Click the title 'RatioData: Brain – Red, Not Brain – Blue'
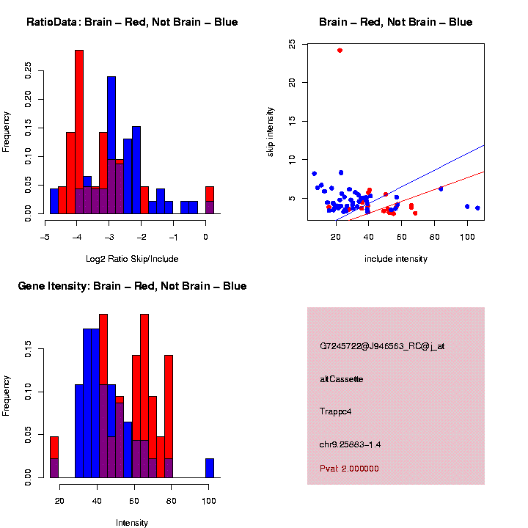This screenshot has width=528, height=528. (x=132, y=22)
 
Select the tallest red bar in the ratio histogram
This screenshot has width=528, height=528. (x=79, y=132)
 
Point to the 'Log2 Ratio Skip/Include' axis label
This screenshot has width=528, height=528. (x=133, y=258)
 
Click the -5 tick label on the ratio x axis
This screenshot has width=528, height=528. (x=45, y=237)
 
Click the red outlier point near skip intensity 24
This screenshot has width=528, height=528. (x=340, y=51)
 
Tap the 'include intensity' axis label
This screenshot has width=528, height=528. (x=395, y=258)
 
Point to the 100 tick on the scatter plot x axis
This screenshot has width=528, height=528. (x=467, y=237)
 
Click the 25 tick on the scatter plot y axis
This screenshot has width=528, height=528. (x=292, y=45)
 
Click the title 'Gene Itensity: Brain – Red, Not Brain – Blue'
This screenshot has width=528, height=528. (x=132, y=286)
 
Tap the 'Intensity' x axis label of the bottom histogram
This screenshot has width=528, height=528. (x=132, y=523)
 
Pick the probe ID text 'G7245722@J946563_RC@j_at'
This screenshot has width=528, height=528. (x=381, y=346)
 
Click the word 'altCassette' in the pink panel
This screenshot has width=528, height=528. (x=341, y=378)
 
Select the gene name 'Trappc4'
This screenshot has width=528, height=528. (x=336, y=411)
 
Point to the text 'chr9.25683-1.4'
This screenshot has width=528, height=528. (x=350, y=444)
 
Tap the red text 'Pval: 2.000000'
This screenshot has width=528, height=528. (x=350, y=469)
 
